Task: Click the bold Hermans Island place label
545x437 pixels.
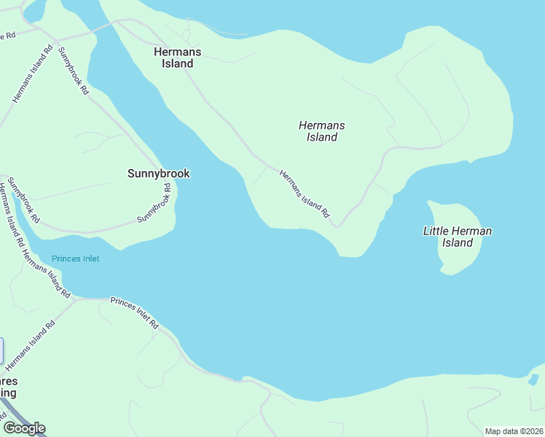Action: pyautogui.click(x=178, y=58)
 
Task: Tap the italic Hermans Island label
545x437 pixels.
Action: pyautogui.click(x=321, y=131)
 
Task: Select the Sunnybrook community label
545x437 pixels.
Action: pyautogui.click(x=158, y=173)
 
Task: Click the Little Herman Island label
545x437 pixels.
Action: pyautogui.click(x=458, y=237)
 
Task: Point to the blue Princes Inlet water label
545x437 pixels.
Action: pyautogui.click(x=75, y=259)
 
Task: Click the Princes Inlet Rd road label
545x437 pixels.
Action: pyautogui.click(x=134, y=312)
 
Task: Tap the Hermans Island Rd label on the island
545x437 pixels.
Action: pyautogui.click(x=305, y=194)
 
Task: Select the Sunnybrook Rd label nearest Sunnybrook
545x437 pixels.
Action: pyautogui.click(x=154, y=203)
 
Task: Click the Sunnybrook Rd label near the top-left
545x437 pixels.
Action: pyautogui.click(x=73, y=71)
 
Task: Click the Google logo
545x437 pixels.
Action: pyautogui.click(x=24, y=428)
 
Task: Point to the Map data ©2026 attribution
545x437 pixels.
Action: pyautogui.click(x=514, y=431)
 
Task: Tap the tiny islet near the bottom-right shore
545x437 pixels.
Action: pyautogui.click(x=534, y=379)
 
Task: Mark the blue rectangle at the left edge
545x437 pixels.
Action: pyautogui.click(x=1, y=351)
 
